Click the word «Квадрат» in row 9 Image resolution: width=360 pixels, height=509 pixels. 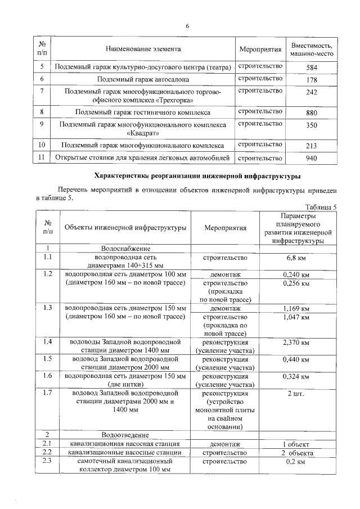(143, 133)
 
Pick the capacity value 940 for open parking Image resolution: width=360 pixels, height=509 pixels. (312, 158)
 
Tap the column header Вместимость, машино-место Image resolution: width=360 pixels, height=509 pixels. (312, 49)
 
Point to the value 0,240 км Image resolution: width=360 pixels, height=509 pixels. (298, 274)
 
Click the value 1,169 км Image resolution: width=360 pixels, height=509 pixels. (298, 308)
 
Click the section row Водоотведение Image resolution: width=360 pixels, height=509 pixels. (125, 435)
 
